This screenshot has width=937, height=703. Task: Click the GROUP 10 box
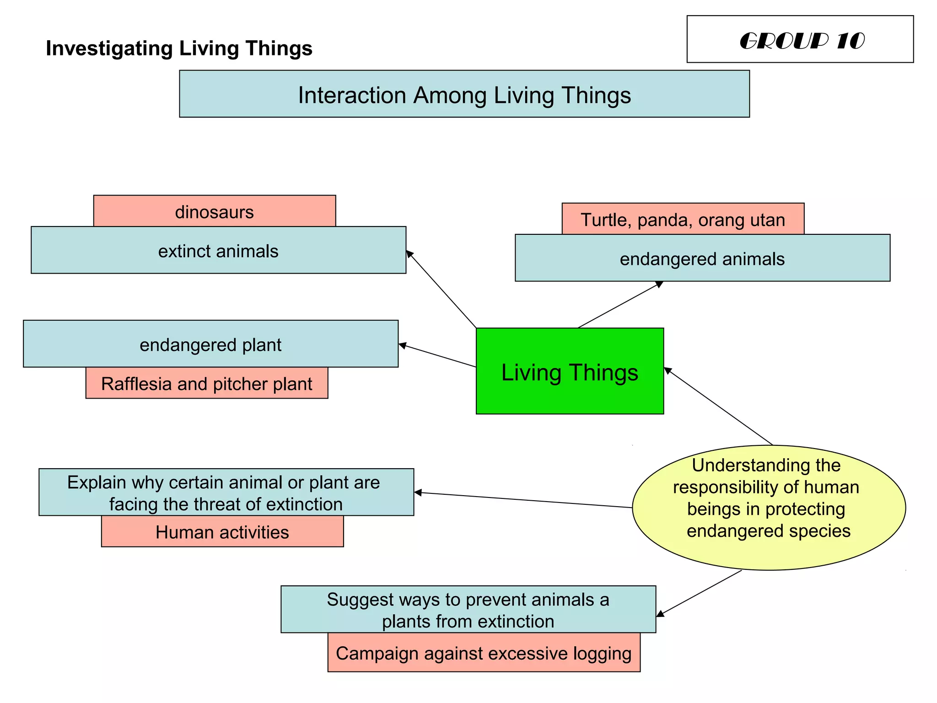tap(800, 39)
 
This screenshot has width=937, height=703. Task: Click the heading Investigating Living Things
tap(179, 49)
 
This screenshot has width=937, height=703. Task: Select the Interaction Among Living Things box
tap(464, 94)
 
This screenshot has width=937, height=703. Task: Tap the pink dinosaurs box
tap(214, 211)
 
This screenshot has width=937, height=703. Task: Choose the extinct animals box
tap(218, 251)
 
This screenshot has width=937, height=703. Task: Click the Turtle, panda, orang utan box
tap(683, 219)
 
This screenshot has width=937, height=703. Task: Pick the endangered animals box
tap(702, 259)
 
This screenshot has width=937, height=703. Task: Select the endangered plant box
tap(210, 344)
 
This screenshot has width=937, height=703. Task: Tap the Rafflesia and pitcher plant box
tap(206, 384)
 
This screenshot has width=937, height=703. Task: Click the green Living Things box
tap(570, 371)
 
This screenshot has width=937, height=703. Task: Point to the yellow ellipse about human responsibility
tap(768, 507)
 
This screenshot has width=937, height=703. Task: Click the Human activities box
tap(222, 532)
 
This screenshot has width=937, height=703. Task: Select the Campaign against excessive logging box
tap(484, 653)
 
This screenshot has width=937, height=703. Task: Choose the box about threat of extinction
tap(226, 492)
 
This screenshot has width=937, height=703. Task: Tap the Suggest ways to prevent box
tap(468, 610)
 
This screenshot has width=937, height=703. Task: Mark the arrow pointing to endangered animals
tap(620, 305)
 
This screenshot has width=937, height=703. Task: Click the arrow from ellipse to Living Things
tap(718, 406)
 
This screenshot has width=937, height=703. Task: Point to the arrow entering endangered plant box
tap(437, 355)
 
